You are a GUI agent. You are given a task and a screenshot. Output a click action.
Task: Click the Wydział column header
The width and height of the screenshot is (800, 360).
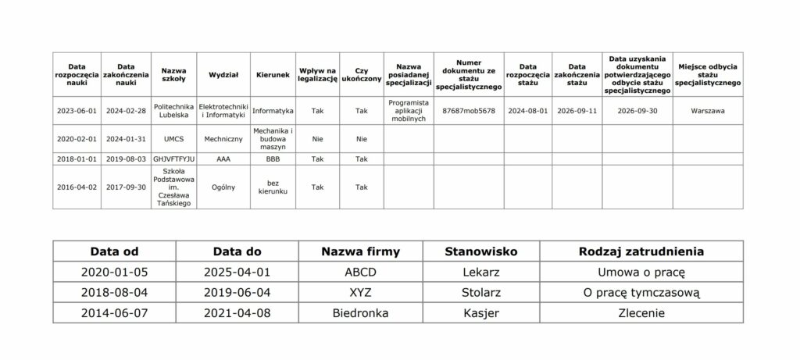pos(223,75)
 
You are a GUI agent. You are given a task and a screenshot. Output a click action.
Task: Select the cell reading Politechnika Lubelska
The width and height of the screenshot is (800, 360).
pos(173,111)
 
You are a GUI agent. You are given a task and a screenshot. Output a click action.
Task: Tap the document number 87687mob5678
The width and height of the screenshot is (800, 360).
pos(469,111)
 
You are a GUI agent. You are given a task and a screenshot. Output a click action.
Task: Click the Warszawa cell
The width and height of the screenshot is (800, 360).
pos(707,111)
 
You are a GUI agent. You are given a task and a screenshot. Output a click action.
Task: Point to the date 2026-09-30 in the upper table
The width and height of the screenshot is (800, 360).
pos(637,111)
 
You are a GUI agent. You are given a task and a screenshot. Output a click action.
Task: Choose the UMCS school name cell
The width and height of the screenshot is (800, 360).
pos(173,139)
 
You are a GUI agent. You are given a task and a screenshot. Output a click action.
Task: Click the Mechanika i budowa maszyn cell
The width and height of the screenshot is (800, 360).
pos(273,139)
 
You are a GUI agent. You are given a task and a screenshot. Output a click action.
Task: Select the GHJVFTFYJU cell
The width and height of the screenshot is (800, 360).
pos(173,159)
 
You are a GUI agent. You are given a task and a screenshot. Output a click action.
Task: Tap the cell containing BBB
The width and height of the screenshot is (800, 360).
pos(273,159)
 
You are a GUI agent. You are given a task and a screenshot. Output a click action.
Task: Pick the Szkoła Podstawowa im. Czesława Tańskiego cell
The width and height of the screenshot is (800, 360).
pos(173,187)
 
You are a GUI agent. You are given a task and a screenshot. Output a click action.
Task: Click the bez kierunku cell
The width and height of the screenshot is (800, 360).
pos(273,187)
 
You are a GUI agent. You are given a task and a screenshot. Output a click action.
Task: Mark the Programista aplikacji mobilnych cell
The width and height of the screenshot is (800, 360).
pos(409,111)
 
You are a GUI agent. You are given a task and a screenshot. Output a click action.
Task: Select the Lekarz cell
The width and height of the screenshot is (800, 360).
pos(480,273)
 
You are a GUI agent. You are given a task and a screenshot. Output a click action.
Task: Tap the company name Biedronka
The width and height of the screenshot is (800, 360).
pos(360,313)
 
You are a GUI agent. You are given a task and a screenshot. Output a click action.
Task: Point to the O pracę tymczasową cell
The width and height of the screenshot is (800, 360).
pos(641,293)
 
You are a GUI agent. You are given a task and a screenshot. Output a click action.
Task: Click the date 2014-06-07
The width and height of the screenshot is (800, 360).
pos(114,313)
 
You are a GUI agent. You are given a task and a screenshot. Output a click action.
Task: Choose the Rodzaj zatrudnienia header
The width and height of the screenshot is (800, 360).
pos(641,251)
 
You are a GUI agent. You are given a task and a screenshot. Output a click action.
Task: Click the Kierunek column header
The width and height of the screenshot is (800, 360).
pos(273,75)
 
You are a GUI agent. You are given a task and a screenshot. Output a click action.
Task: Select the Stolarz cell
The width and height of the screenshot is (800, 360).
pos(480,293)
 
